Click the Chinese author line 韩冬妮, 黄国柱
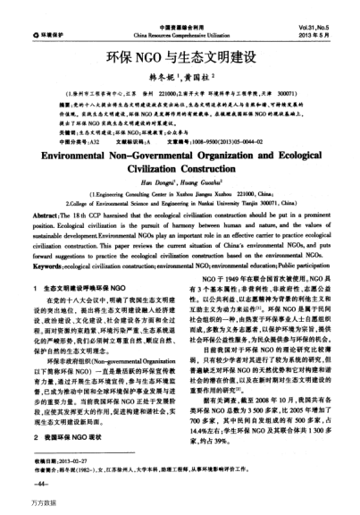[180, 64]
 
